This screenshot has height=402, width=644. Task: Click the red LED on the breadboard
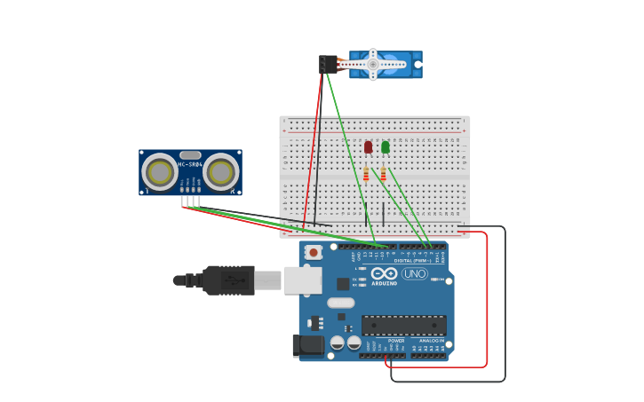click(x=368, y=147)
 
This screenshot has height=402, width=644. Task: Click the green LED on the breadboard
click(x=385, y=147)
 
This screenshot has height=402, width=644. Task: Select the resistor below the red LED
click(x=366, y=175)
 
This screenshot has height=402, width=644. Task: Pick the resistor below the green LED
click(x=383, y=175)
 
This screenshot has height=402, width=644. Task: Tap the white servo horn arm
click(x=374, y=64)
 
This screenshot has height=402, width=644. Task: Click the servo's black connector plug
click(x=328, y=64)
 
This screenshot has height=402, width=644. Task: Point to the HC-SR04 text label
click(x=190, y=164)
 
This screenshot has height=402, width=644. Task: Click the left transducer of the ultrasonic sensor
click(x=160, y=172)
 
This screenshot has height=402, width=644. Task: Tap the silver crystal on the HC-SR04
click(x=190, y=155)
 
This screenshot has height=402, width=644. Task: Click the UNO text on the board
click(x=414, y=273)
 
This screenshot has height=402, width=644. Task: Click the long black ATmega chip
click(x=403, y=325)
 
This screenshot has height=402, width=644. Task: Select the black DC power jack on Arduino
click(x=308, y=345)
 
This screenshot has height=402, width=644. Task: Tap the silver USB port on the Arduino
click(x=302, y=280)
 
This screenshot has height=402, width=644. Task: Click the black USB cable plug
click(x=228, y=280)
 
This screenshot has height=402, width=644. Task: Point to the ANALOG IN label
click(x=431, y=340)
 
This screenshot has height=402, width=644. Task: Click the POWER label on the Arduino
click(x=396, y=340)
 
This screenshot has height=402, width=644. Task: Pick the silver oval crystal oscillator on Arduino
click(x=340, y=303)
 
